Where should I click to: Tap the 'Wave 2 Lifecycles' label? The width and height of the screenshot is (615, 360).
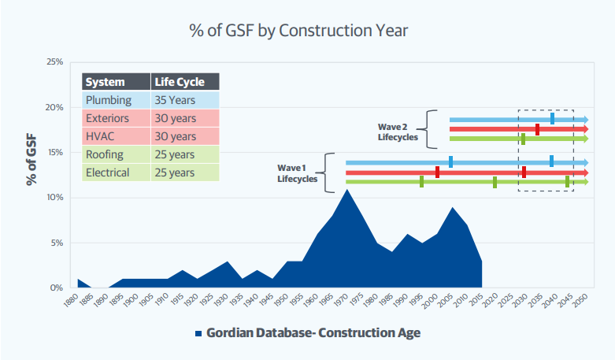tap(395, 130)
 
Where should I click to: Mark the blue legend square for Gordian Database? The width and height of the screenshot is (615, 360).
tap(198, 333)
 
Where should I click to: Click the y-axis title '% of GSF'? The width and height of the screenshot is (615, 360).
tap(31, 158)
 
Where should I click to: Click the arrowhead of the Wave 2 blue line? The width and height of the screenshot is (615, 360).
tap(584, 120)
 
